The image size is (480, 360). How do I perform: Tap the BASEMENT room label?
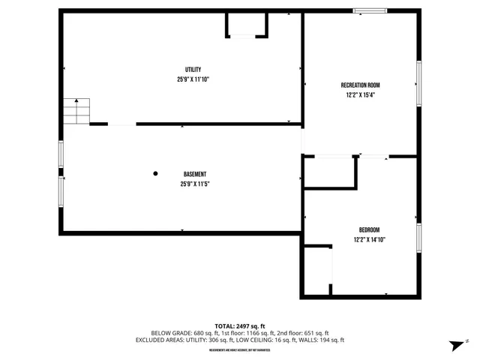[195, 174]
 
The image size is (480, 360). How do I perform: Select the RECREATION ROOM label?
[359, 85]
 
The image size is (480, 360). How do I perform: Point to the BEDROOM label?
[369, 229]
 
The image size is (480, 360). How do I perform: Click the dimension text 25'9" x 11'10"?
[193, 79]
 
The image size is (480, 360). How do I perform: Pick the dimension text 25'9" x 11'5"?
[194, 184]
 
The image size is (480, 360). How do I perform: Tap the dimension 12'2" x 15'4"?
[359, 95]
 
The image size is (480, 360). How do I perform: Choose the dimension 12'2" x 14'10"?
[369, 240]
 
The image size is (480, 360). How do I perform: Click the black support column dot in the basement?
[156, 174]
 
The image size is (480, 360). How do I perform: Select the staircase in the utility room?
[76, 112]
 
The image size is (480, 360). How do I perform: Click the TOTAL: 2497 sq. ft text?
[240, 325]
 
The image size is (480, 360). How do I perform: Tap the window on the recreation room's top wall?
[370, 10]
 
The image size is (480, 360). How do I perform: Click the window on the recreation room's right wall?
[419, 83]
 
